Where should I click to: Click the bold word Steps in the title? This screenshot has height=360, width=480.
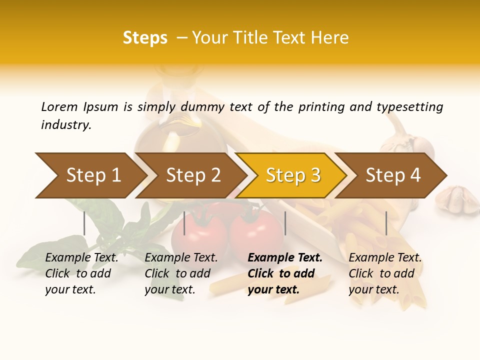click(x=145, y=38)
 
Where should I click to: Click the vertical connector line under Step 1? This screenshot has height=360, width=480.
click(x=84, y=223)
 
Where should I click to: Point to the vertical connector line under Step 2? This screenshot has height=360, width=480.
click(x=184, y=223)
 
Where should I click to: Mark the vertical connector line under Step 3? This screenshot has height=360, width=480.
click(x=285, y=223)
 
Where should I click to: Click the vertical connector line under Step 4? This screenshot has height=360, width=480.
click(x=386, y=223)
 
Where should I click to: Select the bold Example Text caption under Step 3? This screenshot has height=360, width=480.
click(x=285, y=273)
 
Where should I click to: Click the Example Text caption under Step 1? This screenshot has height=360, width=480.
click(x=81, y=273)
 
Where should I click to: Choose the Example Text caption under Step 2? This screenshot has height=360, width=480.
click(x=181, y=273)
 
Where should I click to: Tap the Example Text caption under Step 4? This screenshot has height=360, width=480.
click(x=385, y=273)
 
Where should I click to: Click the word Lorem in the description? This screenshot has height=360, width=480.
click(x=59, y=107)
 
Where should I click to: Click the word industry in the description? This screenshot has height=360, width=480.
click(x=66, y=125)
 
